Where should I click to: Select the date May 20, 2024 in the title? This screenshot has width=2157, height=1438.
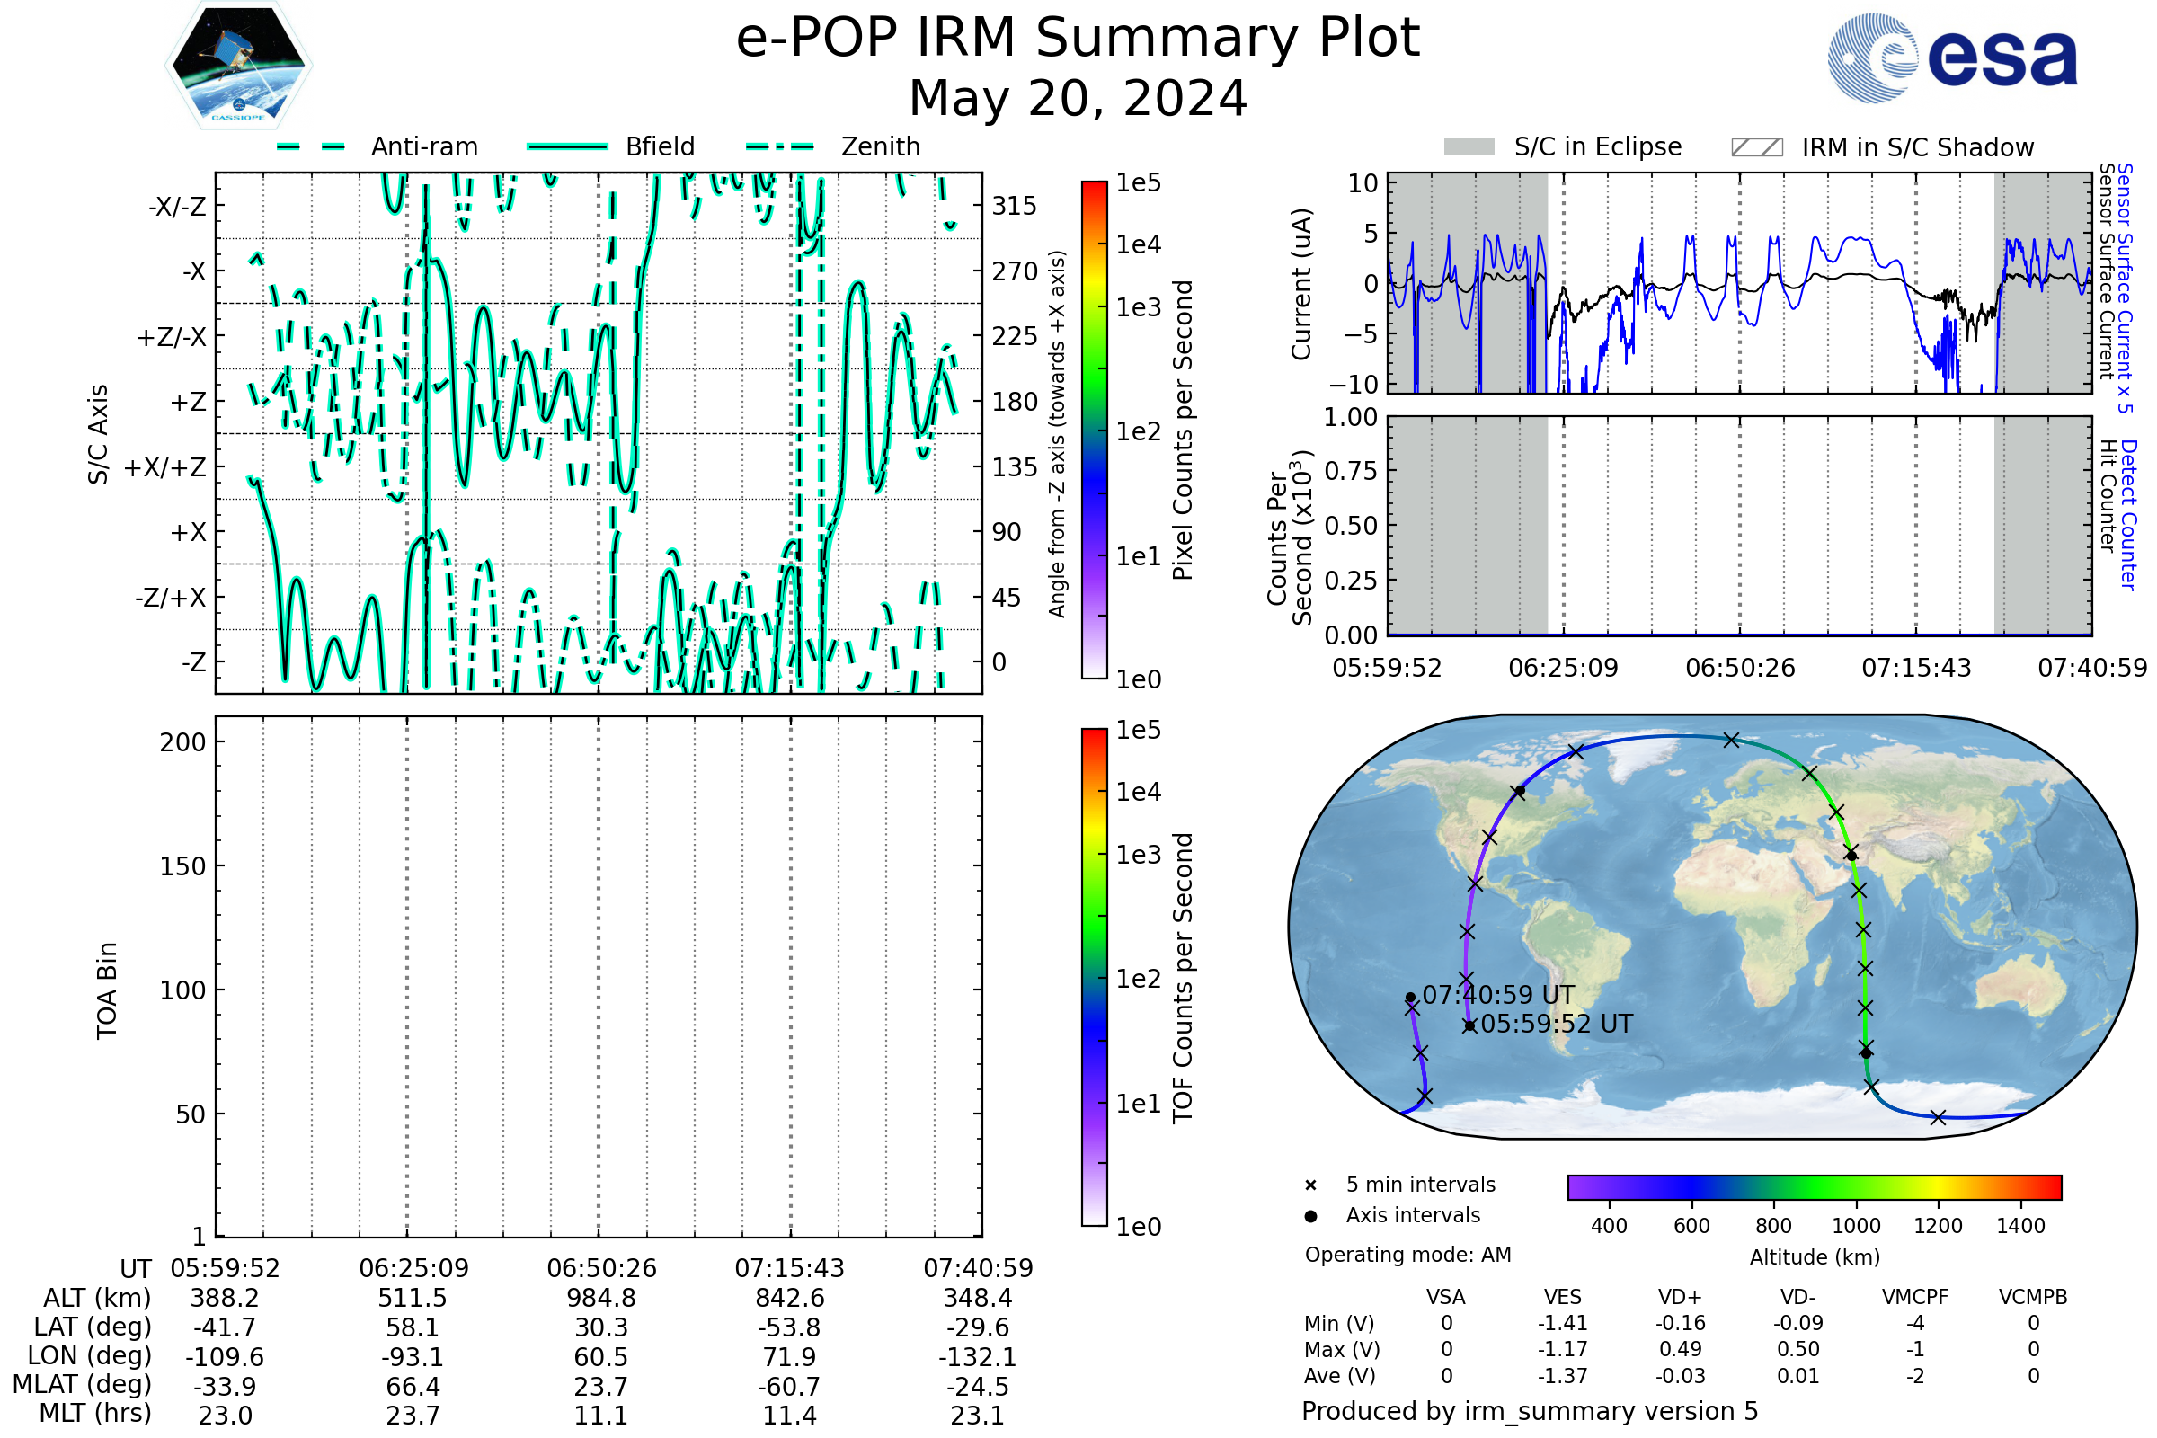pos(1078,98)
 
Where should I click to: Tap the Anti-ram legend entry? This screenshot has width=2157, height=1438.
pos(423,146)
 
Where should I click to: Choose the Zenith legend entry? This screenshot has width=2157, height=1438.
pos(880,146)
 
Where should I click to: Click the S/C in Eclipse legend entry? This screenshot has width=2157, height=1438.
pos(1597,146)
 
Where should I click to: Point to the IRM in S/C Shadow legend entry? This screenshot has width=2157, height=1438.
pos(1917,147)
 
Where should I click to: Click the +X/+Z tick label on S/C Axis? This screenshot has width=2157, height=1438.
pos(165,467)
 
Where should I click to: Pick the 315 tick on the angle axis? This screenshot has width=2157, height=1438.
pos(1015,207)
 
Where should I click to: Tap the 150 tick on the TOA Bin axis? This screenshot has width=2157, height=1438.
pos(182,866)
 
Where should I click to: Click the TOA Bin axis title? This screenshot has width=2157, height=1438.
pos(107,990)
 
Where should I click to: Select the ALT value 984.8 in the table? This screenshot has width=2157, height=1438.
pos(600,1299)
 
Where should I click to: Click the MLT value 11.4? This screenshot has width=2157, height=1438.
pos(789,1415)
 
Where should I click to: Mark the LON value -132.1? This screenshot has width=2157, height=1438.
pos(978,1356)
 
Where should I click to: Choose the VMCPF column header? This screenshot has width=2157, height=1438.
pos(1915,1297)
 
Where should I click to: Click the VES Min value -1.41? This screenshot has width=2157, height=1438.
pos(1562,1323)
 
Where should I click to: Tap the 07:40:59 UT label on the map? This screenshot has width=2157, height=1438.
pos(1497,995)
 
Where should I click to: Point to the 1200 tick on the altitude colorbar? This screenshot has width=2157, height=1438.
pos(1938,1226)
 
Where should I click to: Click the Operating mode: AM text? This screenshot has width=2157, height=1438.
pos(1407,1255)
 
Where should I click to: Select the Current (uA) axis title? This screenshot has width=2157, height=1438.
pos(1301,284)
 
